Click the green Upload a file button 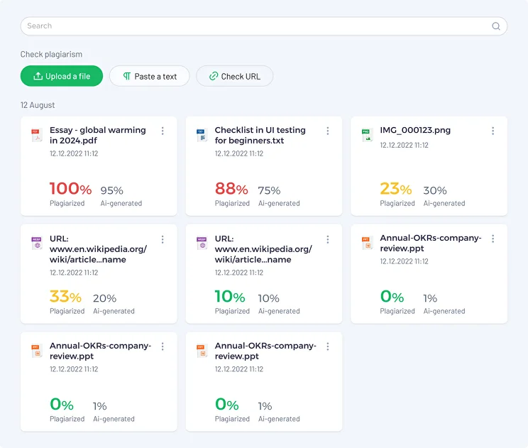click(x=62, y=76)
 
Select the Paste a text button click(x=150, y=76)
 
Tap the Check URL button click(x=235, y=76)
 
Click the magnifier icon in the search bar click(x=495, y=26)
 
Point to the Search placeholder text click(x=40, y=26)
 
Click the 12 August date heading click(x=38, y=105)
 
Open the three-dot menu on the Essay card click(x=163, y=131)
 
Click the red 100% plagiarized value click(x=70, y=189)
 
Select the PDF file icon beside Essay click(x=36, y=136)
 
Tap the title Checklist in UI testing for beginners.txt click(x=260, y=135)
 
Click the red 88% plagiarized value click(x=231, y=189)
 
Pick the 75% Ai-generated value click(x=269, y=191)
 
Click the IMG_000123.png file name click(x=415, y=130)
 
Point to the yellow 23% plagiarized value click(x=396, y=189)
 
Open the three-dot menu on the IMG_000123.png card click(x=493, y=131)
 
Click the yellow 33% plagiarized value click(x=65, y=297)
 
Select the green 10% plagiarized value click(x=230, y=297)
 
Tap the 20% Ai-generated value click(x=105, y=298)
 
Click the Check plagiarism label click(x=51, y=54)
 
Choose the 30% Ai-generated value click(x=435, y=191)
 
